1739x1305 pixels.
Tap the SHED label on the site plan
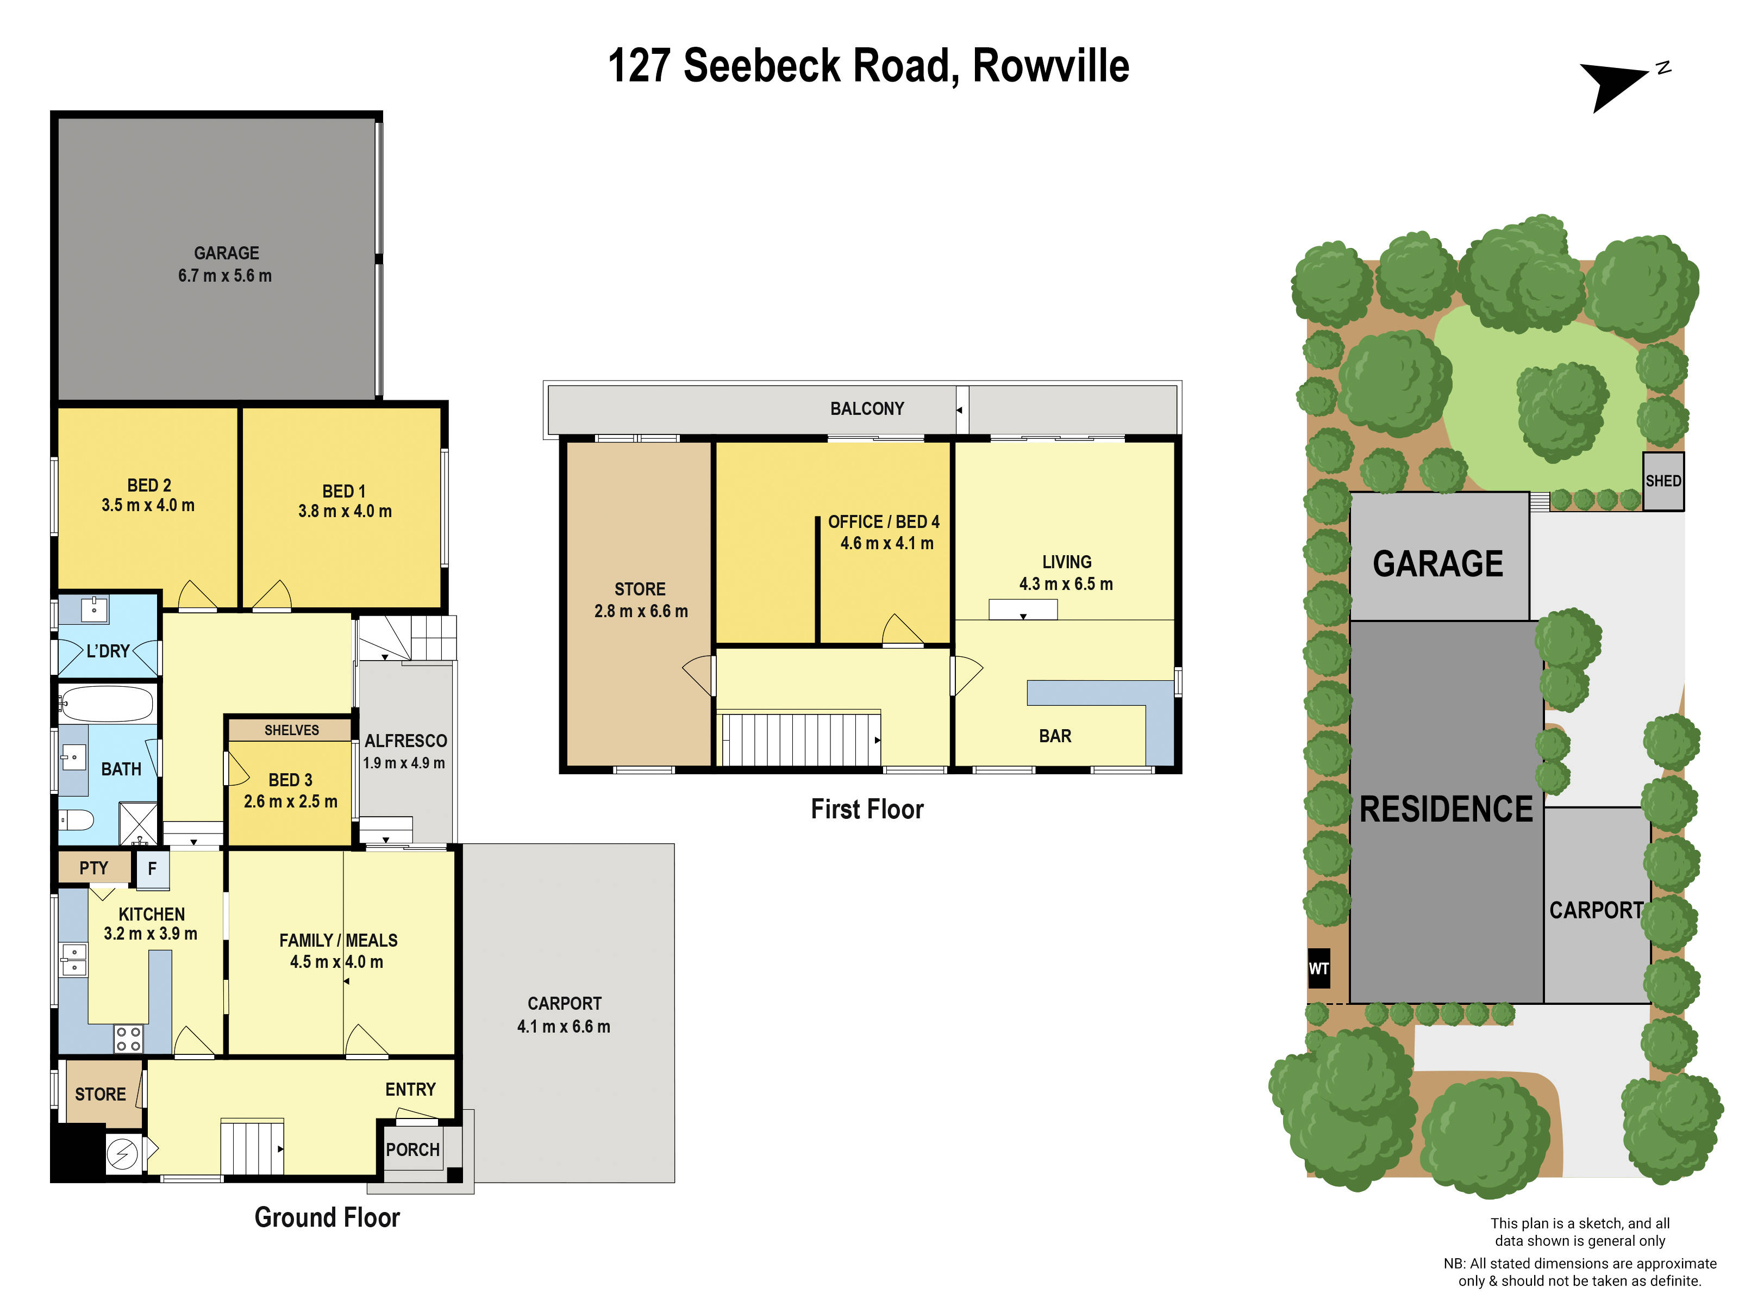(1663, 481)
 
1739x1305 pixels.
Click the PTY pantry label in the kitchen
(93, 868)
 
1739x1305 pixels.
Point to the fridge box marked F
(153, 868)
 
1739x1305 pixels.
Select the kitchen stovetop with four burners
(128, 1039)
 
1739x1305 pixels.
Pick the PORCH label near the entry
(412, 1149)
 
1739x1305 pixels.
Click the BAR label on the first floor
(1054, 736)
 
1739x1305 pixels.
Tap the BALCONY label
(867, 408)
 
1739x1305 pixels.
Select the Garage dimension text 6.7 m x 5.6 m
(225, 275)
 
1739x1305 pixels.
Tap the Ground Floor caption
(327, 1217)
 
